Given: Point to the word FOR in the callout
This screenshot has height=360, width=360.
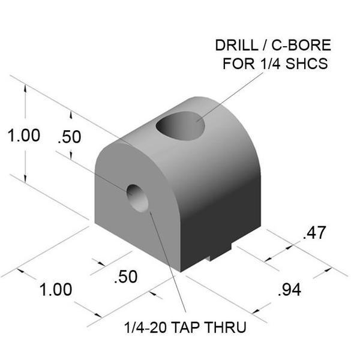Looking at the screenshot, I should (x=238, y=64).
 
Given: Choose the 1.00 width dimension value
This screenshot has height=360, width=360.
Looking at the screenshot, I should (x=56, y=290).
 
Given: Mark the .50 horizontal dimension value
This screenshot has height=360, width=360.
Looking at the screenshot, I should (x=125, y=277).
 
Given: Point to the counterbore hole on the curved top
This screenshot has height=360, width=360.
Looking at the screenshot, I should (x=181, y=125).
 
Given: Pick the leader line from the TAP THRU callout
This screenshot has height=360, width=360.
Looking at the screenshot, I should (x=165, y=264).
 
